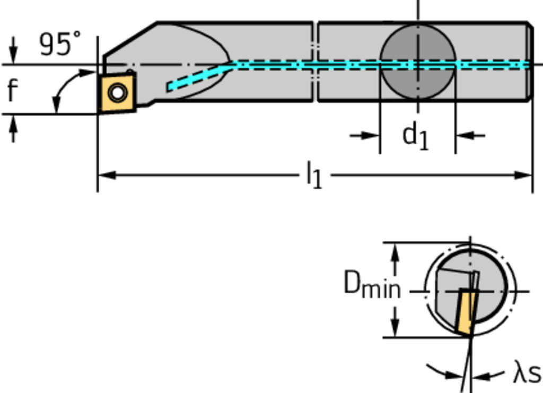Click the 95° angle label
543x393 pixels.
tap(60, 44)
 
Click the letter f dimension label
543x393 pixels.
tap(12, 90)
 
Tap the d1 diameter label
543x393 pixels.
tap(415, 136)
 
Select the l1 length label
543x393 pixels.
tap(314, 174)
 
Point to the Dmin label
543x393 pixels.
tap(372, 284)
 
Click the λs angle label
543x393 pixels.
tap(526, 372)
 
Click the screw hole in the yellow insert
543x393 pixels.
tap(117, 93)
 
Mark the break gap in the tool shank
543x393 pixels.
tap(315, 61)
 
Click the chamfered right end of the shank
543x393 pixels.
tap(530, 61)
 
